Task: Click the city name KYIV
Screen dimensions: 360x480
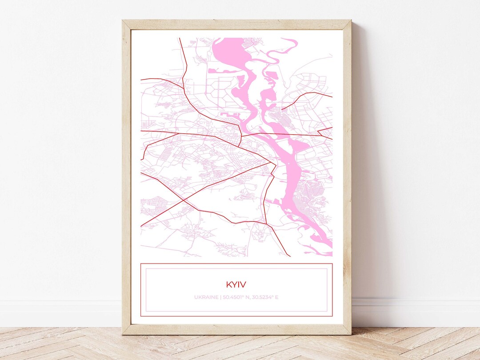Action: (236, 284)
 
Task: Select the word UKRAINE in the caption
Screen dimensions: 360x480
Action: (206, 297)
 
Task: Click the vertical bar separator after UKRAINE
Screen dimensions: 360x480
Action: (220, 297)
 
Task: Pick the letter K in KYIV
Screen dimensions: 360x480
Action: (228, 284)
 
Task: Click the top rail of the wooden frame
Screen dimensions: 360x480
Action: (236, 24)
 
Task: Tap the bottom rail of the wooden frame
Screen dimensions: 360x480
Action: (236, 329)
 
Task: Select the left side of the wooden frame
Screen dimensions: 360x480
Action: (126, 178)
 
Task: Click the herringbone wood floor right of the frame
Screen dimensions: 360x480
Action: (413, 344)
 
